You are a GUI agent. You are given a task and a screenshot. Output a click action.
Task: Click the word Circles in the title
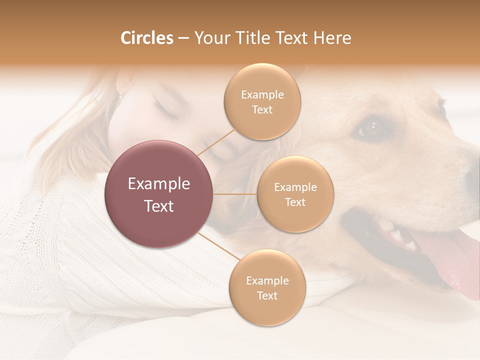point(146,37)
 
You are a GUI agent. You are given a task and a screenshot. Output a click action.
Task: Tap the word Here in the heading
point(332,37)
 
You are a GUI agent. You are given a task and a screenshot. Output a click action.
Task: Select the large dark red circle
point(159,194)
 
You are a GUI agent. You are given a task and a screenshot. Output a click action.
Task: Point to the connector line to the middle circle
point(235,194)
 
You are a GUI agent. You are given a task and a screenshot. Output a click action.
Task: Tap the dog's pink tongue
point(447,260)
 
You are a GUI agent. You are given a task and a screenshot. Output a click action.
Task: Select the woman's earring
point(119,95)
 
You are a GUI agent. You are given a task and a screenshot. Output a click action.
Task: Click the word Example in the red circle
point(159,183)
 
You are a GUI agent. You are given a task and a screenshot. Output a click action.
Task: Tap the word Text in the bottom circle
point(267,295)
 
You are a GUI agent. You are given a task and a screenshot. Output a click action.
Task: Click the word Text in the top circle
point(262,109)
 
